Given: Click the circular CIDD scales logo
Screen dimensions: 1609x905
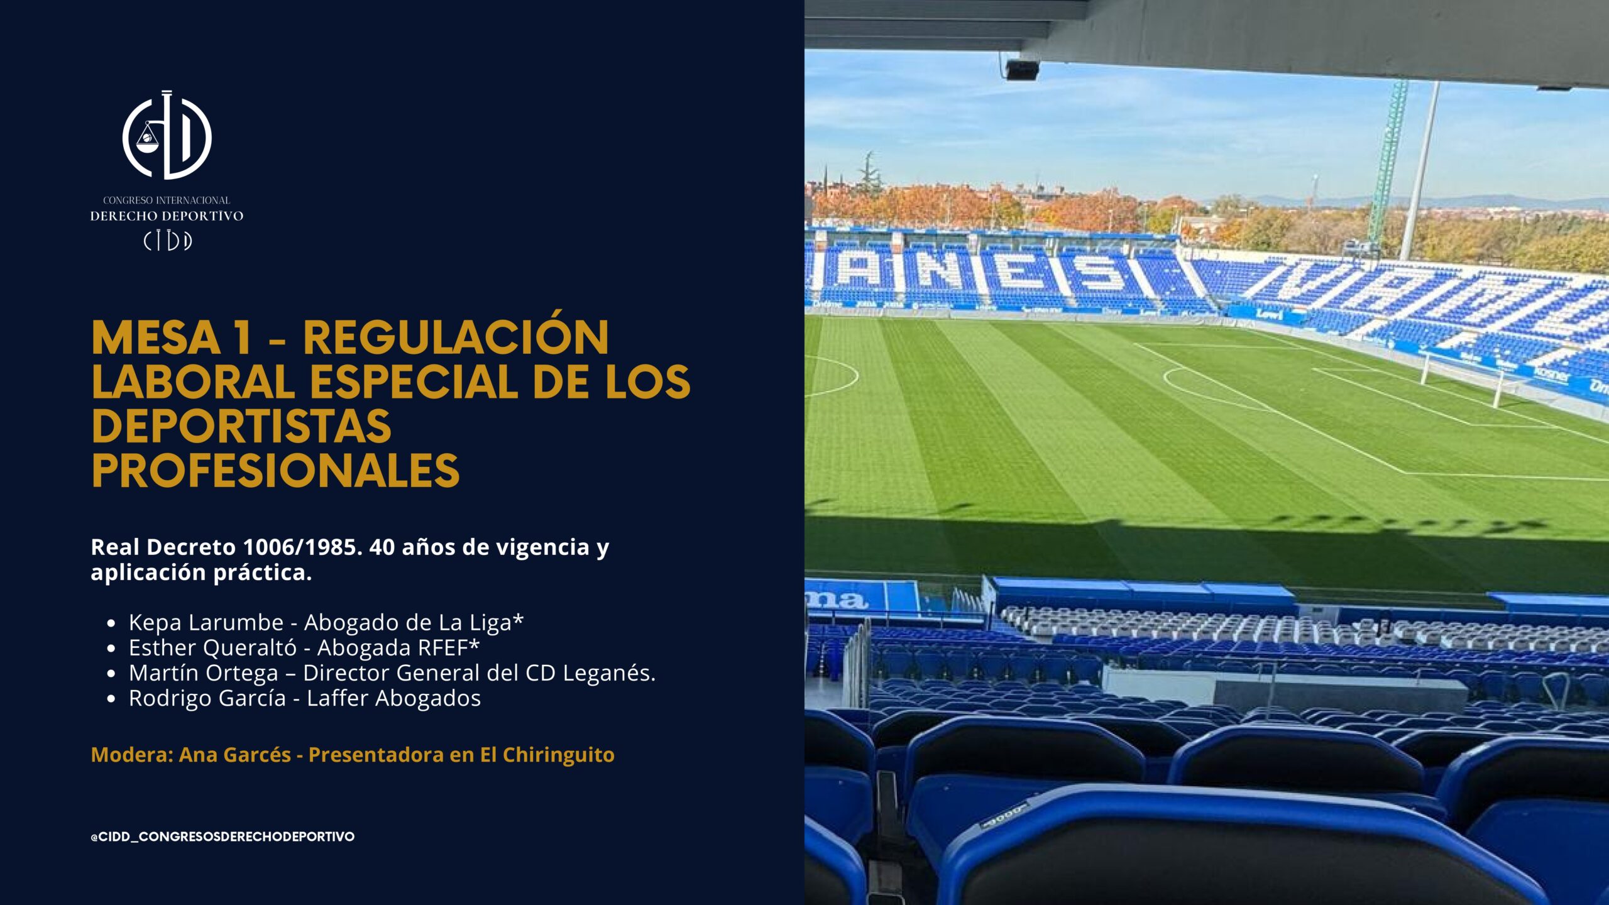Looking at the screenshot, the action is tap(167, 135).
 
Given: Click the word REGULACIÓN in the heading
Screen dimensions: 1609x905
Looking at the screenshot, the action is tap(456, 337).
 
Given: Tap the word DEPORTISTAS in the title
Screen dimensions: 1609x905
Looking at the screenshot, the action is tap(241, 427).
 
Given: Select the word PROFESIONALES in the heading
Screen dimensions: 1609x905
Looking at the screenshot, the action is tap(276, 471).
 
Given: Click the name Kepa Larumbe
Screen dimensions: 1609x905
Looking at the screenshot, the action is tap(206, 622).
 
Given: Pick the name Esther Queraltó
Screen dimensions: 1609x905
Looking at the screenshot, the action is tap(212, 647).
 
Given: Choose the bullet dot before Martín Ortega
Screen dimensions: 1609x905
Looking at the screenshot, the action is tap(111, 674).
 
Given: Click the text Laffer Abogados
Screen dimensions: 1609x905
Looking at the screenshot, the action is tap(393, 698).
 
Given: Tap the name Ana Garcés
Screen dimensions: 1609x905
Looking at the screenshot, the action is tap(235, 754).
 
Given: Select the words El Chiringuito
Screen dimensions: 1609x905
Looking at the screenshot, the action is tap(547, 755).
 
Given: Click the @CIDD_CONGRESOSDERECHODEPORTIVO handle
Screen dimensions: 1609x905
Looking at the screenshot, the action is tap(222, 836).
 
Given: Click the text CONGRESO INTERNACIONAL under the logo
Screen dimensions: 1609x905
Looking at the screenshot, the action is tap(167, 200).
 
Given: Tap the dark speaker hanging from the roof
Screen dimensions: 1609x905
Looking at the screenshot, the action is tap(1021, 69).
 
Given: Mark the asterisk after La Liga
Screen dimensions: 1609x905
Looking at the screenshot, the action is tap(518, 618).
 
